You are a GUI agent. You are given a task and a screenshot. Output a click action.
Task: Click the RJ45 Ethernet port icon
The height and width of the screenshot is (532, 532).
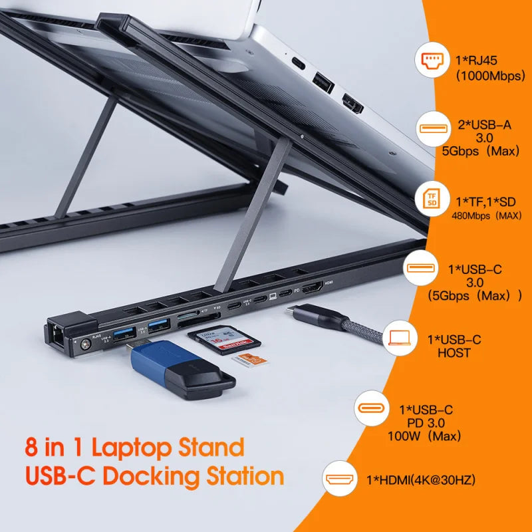click(434, 62)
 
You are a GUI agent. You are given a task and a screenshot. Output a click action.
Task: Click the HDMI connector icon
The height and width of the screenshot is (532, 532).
click(340, 479)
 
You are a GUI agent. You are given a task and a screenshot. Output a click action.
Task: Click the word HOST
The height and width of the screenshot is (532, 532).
click(454, 353)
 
